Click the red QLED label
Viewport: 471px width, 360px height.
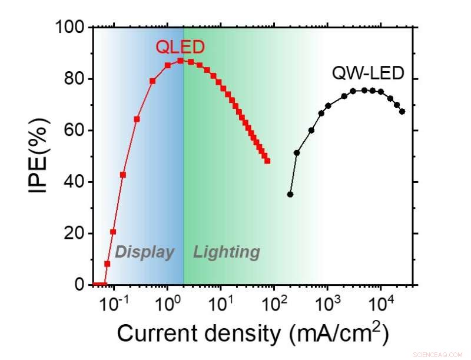tap(179, 47)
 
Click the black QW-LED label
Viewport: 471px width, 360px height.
tap(369, 74)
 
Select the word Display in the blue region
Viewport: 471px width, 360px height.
tap(144, 252)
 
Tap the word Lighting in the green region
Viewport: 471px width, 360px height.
tap(227, 252)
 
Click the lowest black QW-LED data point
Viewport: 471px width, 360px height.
tap(290, 194)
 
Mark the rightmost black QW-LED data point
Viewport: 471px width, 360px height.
tap(402, 111)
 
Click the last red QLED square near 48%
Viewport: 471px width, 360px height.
tap(267, 161)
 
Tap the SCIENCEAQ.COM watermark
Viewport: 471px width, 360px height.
tap(438, 355)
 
